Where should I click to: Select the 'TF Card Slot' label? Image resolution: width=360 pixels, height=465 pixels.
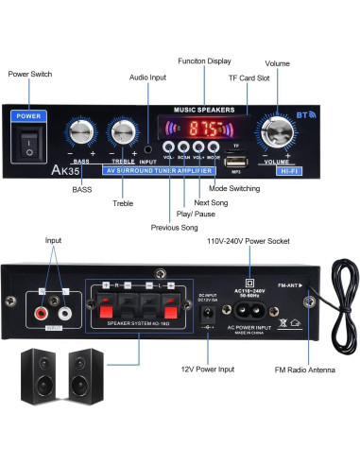coord(249,79)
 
